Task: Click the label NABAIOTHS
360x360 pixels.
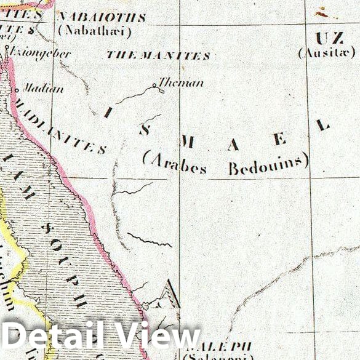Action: pyautogui.click(x=102, y=17)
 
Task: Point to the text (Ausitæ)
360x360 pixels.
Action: pyautogui.click(x=326, y=53)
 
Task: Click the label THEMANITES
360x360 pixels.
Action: pyautogui.click(x=158, y=55)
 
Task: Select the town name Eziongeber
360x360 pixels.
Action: pyautogui.click(x=41, y=54)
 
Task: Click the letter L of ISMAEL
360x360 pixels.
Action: pyautogui.click(x=322, y=125)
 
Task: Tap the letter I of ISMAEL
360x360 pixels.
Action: pyautogui.click(x=108, y=112)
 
